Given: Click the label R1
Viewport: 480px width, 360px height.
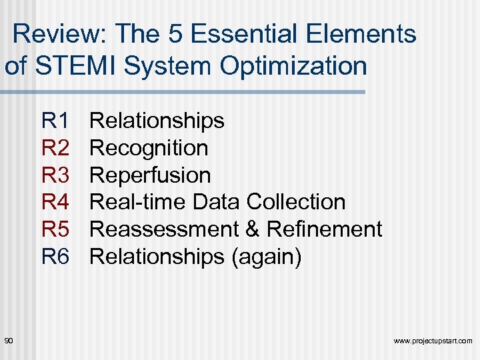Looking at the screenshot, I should point(55,121).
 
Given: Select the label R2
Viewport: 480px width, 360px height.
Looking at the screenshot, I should point(55,148).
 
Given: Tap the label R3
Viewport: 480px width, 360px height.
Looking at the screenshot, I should point(55,175).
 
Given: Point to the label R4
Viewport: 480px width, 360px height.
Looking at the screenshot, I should point(55,202).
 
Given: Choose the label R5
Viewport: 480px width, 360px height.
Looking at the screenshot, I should point(55,229).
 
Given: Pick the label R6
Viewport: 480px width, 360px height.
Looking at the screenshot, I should point(55,256).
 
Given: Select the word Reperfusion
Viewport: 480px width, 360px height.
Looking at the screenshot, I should point(150,175).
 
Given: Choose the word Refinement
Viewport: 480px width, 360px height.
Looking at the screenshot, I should point(324,229).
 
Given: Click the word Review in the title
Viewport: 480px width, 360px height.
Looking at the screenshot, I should point(54,33).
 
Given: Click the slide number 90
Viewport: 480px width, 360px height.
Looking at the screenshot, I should point(9,341).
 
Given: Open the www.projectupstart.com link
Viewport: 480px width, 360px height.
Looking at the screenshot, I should point(433,341).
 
